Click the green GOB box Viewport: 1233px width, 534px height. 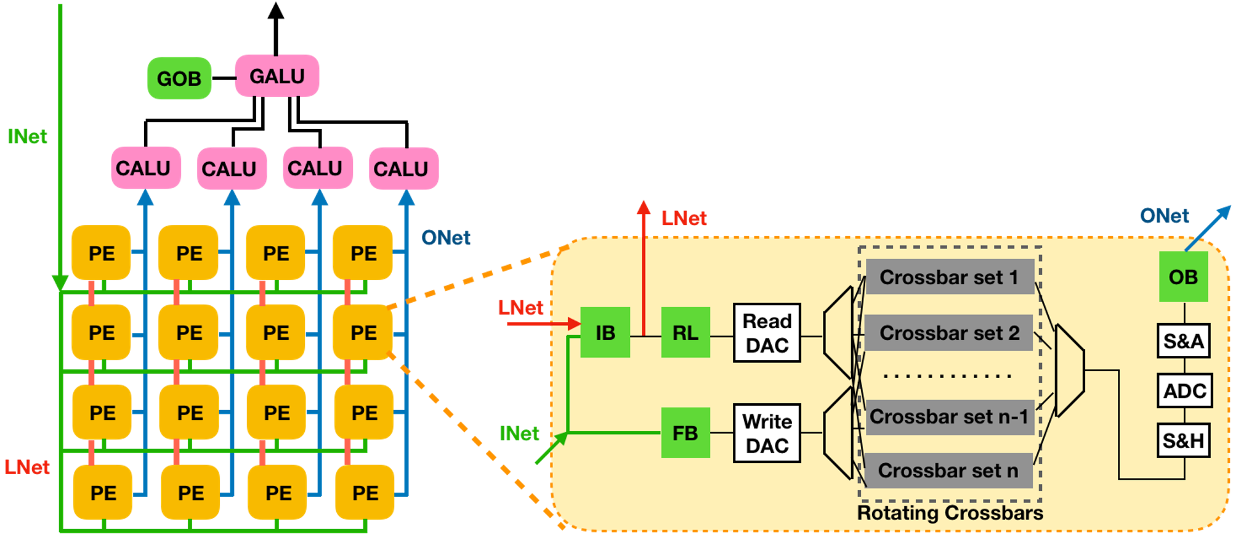(179, 78)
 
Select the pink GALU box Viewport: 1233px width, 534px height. (277, 76)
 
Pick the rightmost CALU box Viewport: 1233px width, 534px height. (403, 168)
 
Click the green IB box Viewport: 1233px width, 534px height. (605, 332)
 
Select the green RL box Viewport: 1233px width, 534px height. (685, 332)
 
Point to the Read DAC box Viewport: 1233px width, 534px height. (767, 332)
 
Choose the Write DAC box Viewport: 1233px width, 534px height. (767, 433)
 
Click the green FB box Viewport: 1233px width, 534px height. (685, 433)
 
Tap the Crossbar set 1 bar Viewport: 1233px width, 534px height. (949, 277)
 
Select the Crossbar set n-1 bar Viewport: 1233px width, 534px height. (949, 417)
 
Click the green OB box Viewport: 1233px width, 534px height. (1183, 277)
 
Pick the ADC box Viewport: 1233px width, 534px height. (1184, 390)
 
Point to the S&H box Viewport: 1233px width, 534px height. (1183, 440)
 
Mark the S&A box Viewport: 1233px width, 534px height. (1183, 340)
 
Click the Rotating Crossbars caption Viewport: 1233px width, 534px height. (950, 513)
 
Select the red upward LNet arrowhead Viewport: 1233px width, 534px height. (644, 207)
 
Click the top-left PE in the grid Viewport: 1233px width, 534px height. (102, 253)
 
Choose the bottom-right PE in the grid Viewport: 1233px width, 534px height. (365, 493)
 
